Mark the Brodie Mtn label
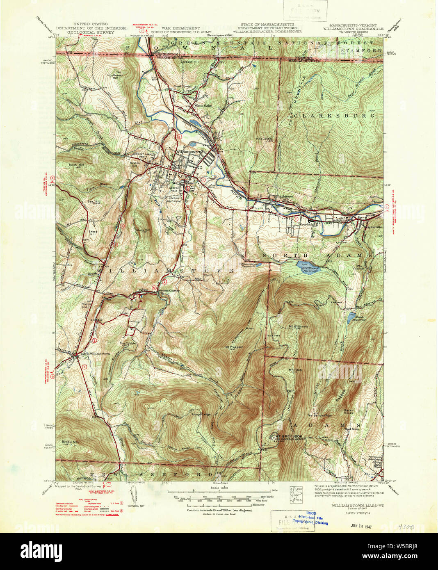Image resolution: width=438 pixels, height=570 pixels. [70, 442]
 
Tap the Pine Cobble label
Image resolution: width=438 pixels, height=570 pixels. [264, 139]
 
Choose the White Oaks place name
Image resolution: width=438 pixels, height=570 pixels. [203, 105]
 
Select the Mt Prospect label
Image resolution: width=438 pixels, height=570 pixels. [234, 347]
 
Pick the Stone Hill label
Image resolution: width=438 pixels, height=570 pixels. [143, 230]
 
